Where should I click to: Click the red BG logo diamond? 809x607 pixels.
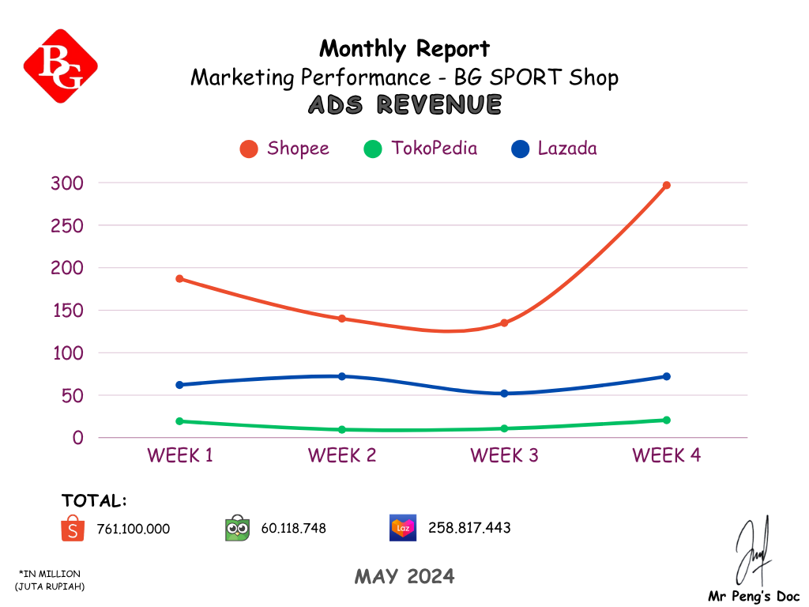61,66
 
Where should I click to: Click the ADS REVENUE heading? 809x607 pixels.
404,104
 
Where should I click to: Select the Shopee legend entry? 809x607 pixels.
284,149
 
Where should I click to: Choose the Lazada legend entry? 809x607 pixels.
555,149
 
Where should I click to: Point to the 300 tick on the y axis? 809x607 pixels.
67,183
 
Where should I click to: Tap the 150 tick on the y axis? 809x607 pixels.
67,311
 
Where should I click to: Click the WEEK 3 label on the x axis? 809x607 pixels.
504,455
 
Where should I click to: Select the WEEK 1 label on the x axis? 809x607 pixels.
180,455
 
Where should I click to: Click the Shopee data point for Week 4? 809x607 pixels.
666,186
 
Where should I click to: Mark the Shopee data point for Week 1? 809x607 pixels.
180,279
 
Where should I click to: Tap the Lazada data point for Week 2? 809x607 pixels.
342,376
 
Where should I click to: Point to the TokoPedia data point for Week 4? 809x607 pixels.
666,420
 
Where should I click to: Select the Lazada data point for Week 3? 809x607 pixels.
504,394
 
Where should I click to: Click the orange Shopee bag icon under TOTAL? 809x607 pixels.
73,528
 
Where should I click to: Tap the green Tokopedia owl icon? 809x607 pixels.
238,528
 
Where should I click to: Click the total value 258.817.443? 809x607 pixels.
469,528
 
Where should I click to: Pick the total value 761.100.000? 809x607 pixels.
133,529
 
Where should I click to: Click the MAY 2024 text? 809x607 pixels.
404,577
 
